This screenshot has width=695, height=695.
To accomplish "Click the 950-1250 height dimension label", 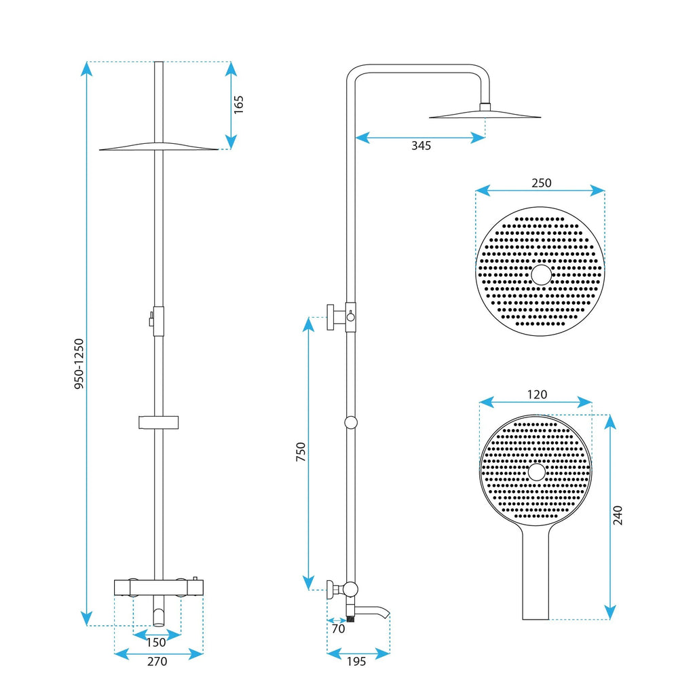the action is point(79,364).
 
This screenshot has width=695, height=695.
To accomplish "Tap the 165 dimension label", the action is point(238,105).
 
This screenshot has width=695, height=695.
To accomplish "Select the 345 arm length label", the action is point(421,146).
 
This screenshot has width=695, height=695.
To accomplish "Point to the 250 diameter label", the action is point(541,183).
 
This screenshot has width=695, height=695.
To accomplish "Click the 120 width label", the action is point(537,394).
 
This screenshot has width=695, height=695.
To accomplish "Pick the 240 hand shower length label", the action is point(618,515).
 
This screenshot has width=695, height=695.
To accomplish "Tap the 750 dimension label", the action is point(301,451).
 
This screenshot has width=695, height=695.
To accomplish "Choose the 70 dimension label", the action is point(338,628).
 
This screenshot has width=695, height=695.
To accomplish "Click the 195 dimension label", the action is point(356,661).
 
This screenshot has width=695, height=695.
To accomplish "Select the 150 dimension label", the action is point(156,642).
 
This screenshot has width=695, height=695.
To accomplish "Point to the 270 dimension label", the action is point(157,661).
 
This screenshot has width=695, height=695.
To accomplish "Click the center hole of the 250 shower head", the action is point(541,275).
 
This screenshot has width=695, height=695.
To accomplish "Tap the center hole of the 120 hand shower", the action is point(537,472).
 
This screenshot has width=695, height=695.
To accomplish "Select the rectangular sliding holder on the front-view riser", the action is point(159,423).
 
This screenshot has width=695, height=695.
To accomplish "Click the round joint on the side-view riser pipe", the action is point(351,422).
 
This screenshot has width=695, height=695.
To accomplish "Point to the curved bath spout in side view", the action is point(373,612).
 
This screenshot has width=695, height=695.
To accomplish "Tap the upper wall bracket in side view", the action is point(336,318).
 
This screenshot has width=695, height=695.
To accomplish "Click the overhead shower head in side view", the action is point(485,114).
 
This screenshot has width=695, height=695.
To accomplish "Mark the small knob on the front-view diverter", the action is point(151,319).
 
